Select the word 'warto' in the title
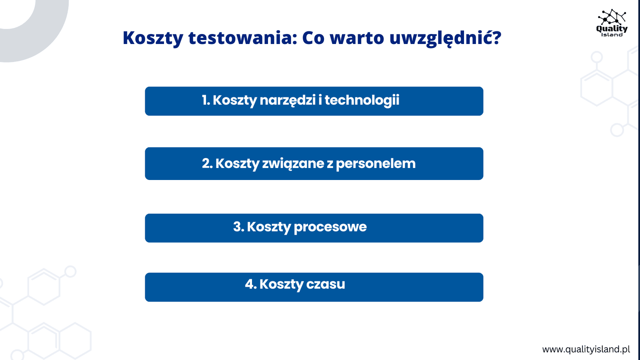tap(357, 38)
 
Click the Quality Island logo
tap(612, 23)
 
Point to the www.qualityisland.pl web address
tap(586, 350)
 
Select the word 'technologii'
tap(362, 100)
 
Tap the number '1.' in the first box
tap(206, 100)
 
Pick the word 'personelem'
tap(376, 164)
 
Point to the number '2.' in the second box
tap(207, 164)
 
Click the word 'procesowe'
tap(330, 228)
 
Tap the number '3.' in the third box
tap(238, 227)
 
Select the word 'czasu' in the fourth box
tap(326, 284)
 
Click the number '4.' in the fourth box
tap(251, 284)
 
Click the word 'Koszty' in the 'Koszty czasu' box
tap(281, 285)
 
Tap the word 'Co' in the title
tap(313, 38)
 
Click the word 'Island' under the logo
tap(612, 34)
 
